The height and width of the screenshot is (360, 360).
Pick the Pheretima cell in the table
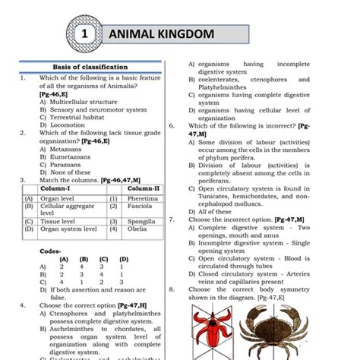[x=143, y=197]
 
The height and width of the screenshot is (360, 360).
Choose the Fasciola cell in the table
[x=141, y=206]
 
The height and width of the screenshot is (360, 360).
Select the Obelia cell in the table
[x=137, y=229]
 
